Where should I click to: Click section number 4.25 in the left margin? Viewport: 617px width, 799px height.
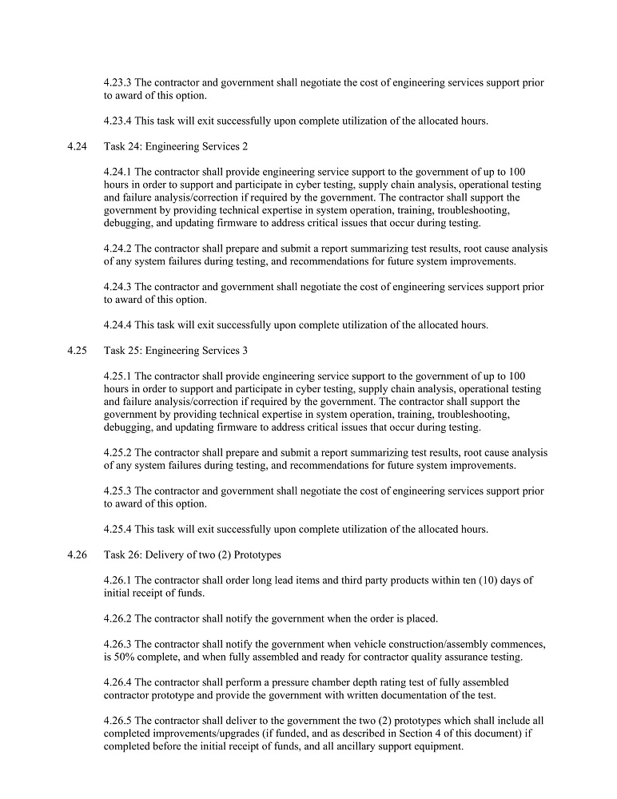78,351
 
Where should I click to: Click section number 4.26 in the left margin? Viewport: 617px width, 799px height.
78,555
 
